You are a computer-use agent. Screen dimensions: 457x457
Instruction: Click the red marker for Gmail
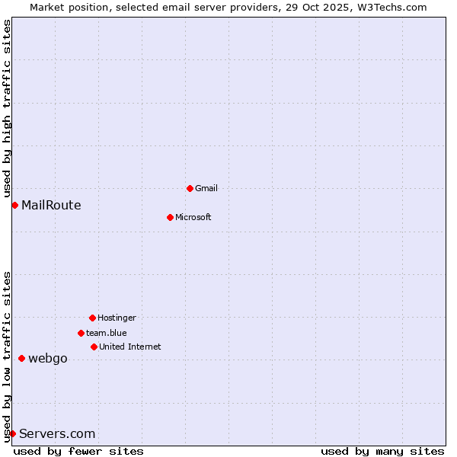point(190,188)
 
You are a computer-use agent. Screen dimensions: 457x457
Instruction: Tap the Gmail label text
point(206,188)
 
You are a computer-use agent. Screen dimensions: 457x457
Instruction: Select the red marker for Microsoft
point(170,217)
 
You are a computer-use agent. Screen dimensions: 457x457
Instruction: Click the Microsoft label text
point(193,217)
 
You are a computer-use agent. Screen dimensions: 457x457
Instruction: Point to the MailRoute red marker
point(14,205)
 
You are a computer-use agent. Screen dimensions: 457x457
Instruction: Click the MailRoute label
point(51,205)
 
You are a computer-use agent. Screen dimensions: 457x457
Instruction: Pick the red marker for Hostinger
point(92,318)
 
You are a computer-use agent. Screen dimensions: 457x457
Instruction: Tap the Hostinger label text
point(117,318)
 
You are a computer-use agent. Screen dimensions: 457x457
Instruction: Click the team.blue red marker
point(81,333)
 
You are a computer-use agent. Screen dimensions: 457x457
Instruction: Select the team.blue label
point(106,333)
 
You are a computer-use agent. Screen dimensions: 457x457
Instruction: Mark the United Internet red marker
point(94,347)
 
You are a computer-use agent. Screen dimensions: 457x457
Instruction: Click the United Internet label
point(129,347)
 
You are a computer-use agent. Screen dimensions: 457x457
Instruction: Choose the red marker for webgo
point(21,358)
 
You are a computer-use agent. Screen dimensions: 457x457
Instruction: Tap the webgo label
point(48,358)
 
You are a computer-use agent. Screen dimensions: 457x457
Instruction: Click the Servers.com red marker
point(12,433)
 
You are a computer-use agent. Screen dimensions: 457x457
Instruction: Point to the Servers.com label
point(57,433)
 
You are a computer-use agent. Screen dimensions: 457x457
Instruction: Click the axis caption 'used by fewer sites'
point(78,451)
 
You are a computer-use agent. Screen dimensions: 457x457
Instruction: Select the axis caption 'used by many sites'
point(382,451)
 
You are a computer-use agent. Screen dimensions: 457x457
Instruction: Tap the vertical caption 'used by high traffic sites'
point(7,108)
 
